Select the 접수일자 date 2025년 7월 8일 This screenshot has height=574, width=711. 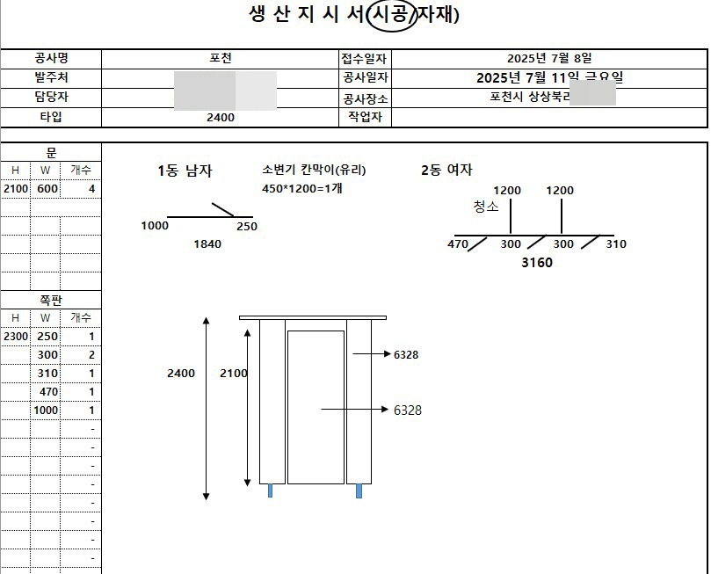[x=549, y=59]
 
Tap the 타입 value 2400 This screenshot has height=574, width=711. [x=220, y=117]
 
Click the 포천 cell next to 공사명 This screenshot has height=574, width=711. [x=220, y=59]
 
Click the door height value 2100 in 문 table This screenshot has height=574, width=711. [x=16, y=189]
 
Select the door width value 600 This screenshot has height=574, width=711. [x=47, y=189]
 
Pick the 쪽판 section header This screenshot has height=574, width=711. [x=51, y=300]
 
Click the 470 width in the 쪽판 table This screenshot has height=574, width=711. [x=48, y=392]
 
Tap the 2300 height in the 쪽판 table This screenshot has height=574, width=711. [x=16, y=337]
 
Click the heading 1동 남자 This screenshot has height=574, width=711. [x=185, y=171]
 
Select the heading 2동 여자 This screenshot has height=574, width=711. [x=446, y=171]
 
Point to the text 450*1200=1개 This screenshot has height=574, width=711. [x=301, y=189]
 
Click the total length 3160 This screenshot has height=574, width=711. [x=536, y=263]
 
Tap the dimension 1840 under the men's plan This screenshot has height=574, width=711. [x=207, y=244]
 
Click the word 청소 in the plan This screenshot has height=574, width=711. [x=486, y=207]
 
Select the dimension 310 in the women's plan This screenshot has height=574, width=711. [x=616, y=244]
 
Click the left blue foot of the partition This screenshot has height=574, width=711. [x=271, y=490]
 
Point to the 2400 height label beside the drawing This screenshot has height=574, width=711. [x=181, y=374]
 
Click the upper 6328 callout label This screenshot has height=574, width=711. [x=406, y=355]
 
